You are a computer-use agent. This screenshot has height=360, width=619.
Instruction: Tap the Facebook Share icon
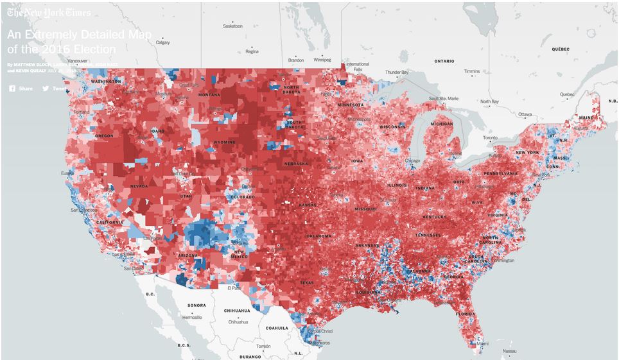(12, 89)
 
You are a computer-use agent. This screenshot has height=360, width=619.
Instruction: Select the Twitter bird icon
(46, 89)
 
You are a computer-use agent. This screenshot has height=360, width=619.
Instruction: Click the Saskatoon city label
(232, 26)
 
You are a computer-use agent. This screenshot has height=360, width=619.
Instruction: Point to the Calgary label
(162, 42)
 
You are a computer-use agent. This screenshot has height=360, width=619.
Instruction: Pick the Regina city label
(252, 52)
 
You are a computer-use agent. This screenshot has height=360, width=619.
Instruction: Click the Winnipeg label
(322, 60)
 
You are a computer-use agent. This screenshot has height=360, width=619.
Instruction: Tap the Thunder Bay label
(396, 73)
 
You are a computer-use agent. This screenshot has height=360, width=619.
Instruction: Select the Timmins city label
(472, 71)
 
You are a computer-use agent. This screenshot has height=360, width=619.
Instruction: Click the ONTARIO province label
(444, 61)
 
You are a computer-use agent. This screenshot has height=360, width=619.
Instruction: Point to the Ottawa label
(525, 114)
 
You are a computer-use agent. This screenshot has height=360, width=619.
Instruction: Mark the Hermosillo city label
(191, 317)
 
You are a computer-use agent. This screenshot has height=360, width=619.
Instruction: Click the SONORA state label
(196, 305)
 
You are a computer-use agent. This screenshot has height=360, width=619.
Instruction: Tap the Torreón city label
(263, 346)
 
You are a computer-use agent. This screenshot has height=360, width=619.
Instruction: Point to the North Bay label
(489, 101)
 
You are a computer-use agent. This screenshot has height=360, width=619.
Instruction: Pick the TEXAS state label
(306, 282)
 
